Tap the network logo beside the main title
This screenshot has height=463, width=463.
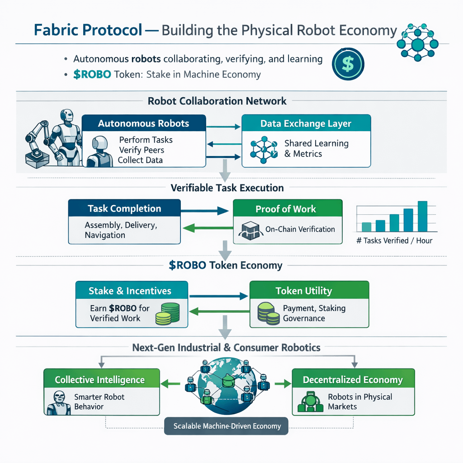[x=417, y=44]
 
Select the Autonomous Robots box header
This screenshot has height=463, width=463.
[x=144, y=123]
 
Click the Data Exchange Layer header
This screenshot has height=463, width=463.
[x=306, y=123]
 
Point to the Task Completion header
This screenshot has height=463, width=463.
[x=124, y=208]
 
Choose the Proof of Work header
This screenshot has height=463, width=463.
[x=285, y=209]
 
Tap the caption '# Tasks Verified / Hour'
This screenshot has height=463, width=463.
[x=394, y=241]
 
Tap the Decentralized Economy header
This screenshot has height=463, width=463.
[x=353, y=380]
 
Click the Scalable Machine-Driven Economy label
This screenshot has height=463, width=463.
[x=226, y=426]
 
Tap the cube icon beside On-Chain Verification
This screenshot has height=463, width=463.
[x=249, y=230]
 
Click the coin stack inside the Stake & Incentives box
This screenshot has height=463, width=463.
[x=167, y=313]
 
